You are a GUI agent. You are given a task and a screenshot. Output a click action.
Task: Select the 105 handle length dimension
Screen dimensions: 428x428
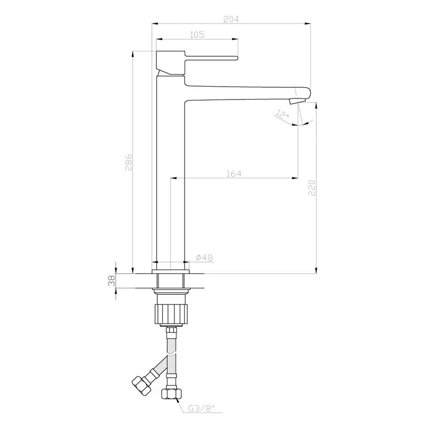click(197, 34)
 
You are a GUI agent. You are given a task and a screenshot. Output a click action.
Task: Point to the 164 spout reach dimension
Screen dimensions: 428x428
click(234, 173)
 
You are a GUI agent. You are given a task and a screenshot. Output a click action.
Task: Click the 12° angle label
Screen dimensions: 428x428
click(282, 114)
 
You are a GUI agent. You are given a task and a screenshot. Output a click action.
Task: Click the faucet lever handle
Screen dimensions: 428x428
click(209, 57)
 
